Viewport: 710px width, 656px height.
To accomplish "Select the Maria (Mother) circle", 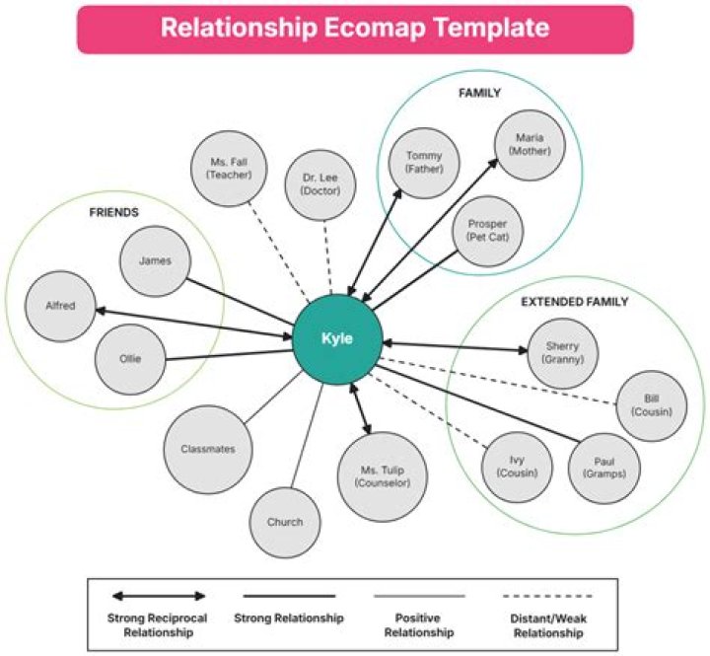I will pos(530,144).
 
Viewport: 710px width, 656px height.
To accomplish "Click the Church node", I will pos(285,522).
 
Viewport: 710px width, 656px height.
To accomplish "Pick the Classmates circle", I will pos(208,449).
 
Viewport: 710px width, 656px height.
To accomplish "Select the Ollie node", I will pos(129,358).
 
